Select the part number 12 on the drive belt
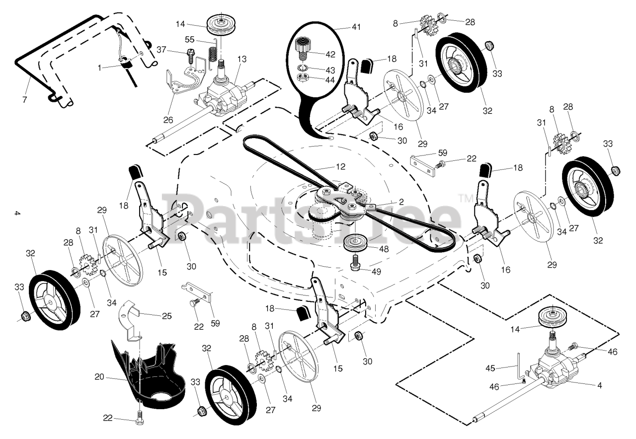click(x=340, y=166)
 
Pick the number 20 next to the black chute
click(x=99, y=377)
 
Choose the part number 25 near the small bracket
click(x=167, y=316)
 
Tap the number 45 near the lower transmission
click(x=491, y=368)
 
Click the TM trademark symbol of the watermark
click(x=466, y=199)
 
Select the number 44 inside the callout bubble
click(x=330, y=79)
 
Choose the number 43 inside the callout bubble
click(x=330, y=69)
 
